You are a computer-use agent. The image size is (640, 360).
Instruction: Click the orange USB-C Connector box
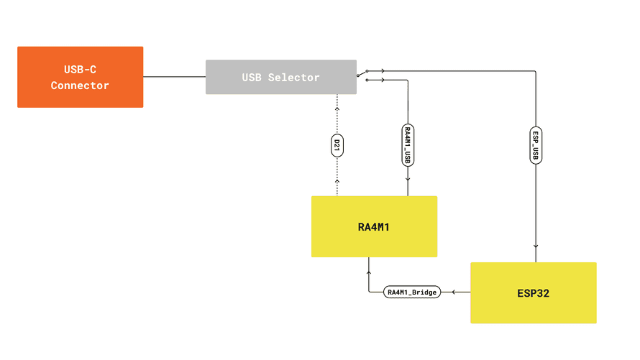pyautogui.click(x=80, y=77)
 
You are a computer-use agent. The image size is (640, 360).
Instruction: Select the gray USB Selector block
pyautogui.click(x=280, y=77)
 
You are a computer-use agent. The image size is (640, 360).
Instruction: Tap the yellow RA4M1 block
pyautogui.click(x=374, y=226)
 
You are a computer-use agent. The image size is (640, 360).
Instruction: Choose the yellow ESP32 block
pyautogui.click(x=533, y=292)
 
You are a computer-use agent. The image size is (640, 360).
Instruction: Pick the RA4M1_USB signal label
pyautogui.click(x=408, y=144)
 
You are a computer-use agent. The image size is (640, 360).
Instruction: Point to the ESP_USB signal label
pyautogui.click(x=535, y=145)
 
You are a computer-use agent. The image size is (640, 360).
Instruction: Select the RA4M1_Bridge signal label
pyautogui.click(x=412, y=292)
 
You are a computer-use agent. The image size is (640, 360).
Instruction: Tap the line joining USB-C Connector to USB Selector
pyautogui.click(x=174, y=76)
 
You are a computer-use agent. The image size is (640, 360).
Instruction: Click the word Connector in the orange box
pyautogui.click(x=80, y=86)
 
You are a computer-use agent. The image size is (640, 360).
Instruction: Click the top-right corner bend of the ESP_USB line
pyautogui.click(x=535, y=70)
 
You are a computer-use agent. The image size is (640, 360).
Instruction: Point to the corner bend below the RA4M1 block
pyautogui.click(x=369, y=292)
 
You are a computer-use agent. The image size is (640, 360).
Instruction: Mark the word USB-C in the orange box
pyautogui.click(x=80, y=69)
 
